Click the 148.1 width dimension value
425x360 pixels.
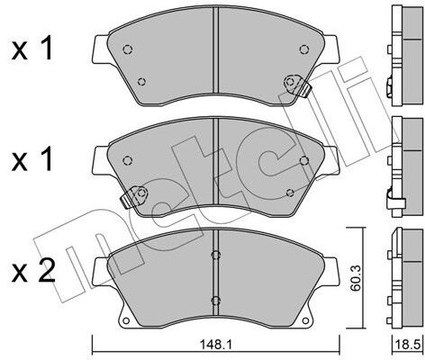pyautogui.click(x=216, y=345)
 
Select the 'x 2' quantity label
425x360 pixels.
pyautogui.click(x=33, y=271)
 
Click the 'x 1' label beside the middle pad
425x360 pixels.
pyautogui.click(x=32, y=159)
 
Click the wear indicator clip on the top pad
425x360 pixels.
pyautogui.click(x=297, y=85)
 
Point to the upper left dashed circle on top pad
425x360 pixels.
pyautogui.click(x=128, y=49)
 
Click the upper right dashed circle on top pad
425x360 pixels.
pyautogui.click(x=304, y=49)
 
